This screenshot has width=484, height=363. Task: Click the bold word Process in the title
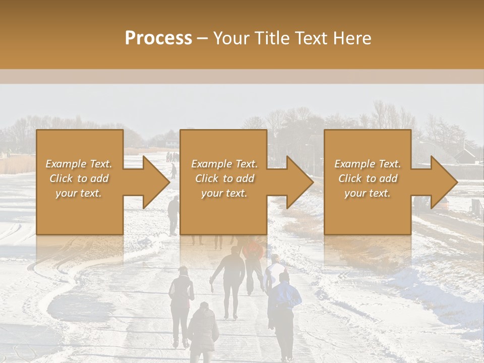click(158, 38)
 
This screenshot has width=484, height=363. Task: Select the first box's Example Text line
click(79, 164)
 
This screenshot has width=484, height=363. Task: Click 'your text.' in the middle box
click(224, 193)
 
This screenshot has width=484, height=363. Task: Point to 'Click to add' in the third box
click(368, 178)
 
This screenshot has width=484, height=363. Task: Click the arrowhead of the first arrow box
click(156, 182)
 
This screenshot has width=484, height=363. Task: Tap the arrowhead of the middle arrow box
click(299, 182)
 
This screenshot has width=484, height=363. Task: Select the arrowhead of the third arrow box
click(444, 182)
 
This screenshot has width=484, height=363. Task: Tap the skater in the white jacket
click(273, 272)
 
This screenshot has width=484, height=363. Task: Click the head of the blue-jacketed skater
click(284, 277)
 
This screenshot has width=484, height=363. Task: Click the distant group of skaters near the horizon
click(172, 157)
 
